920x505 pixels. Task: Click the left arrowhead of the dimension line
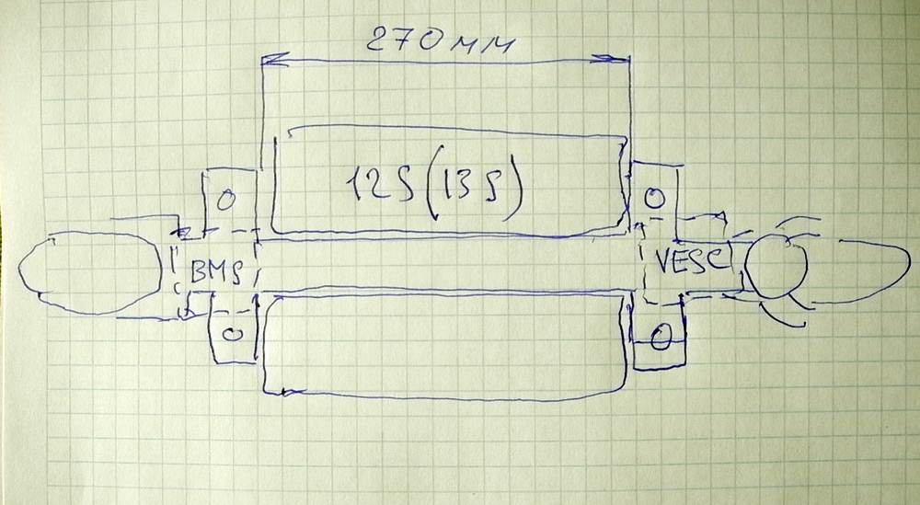(x=268, y=61)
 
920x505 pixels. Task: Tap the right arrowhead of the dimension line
(x=623, y=58)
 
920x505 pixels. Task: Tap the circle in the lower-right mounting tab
(x=661, y=339)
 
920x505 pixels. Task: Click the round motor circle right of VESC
(x=776, y=266)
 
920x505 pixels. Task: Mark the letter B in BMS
(x=201, y=271)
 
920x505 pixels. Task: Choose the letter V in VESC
(x=666, y=261)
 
